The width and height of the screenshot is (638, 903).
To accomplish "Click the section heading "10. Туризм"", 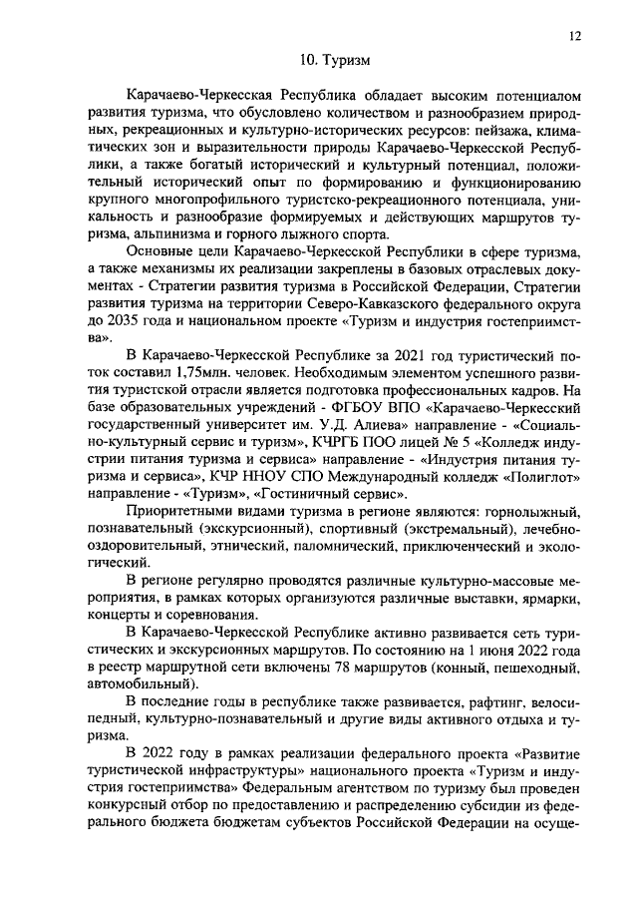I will click(335, 61).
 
